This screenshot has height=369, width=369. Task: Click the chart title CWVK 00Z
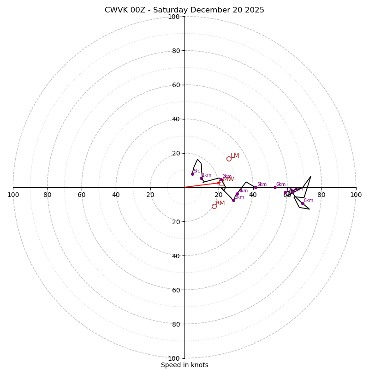click(184, 10)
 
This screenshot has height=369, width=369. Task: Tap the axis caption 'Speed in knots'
click(184, 365)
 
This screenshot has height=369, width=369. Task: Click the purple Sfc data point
click(192, 174)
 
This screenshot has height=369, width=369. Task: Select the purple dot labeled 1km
click(201, 178)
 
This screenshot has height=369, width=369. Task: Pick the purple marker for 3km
click(233, 200)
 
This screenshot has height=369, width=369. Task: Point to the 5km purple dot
click(256, 187)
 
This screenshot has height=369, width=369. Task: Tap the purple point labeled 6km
click(275, 187)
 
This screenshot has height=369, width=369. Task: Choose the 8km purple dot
click(303, 203)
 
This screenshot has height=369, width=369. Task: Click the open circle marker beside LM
click(229, 159)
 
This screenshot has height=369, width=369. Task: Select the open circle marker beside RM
click(214, 206)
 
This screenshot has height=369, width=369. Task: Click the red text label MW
click(229, 179)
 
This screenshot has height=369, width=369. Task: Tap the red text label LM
click(235, 156)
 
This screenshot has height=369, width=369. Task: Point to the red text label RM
click(220, 203)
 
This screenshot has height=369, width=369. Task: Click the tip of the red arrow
click(221, 183)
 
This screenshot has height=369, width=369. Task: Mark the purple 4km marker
click(237, 194)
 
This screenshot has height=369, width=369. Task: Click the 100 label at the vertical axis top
click(174, 17)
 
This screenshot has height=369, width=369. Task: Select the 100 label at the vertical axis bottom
click(174, 358)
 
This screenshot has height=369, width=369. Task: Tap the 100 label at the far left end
click(13, 195)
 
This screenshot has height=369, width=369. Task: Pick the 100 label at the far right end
click(356, 195)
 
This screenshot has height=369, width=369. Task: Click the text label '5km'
click(262, 184)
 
